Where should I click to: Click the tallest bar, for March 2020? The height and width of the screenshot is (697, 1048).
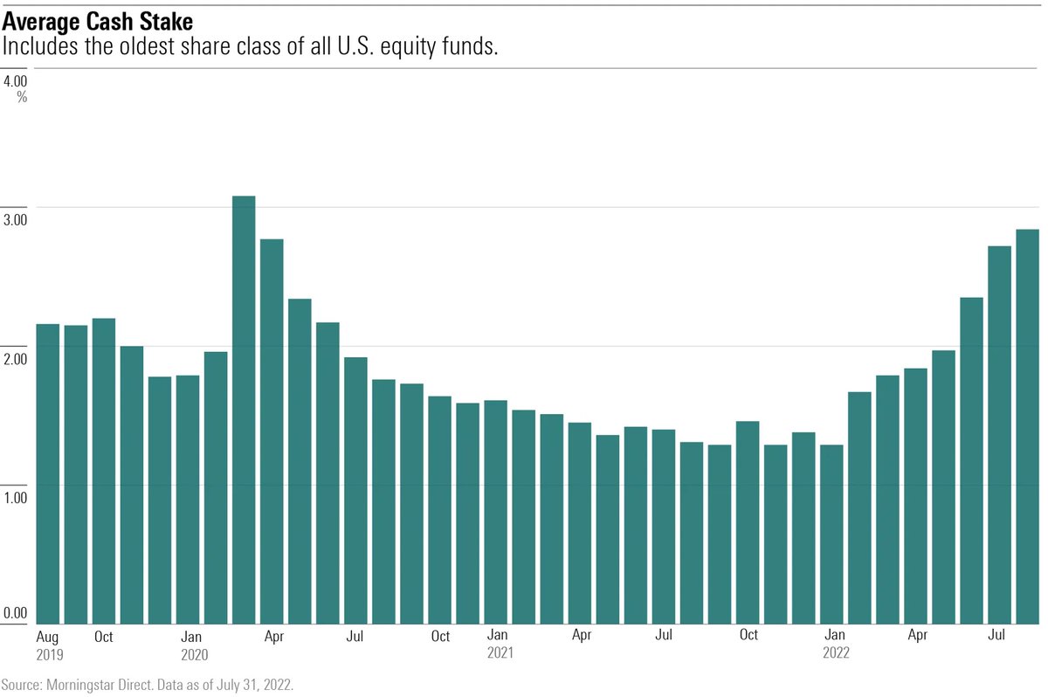[244, 411]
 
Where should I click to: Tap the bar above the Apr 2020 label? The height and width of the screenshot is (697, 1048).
[272, 432]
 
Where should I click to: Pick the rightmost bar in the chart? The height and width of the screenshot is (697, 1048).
[1027, 427]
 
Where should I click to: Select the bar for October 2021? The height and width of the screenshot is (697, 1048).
[748, 523]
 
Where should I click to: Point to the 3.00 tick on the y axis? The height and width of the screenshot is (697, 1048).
[15, 219]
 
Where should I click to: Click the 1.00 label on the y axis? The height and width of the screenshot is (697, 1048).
[15, 497]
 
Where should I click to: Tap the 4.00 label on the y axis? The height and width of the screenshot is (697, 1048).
[15, 81]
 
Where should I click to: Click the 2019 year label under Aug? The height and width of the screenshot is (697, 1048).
[50, 653]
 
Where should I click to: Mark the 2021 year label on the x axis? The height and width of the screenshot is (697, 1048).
[500, 653]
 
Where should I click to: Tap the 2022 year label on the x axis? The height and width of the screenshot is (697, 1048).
[836, 653]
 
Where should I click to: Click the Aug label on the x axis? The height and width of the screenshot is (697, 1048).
[49, 637]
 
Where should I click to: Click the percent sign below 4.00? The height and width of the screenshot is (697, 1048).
[22, 97]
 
